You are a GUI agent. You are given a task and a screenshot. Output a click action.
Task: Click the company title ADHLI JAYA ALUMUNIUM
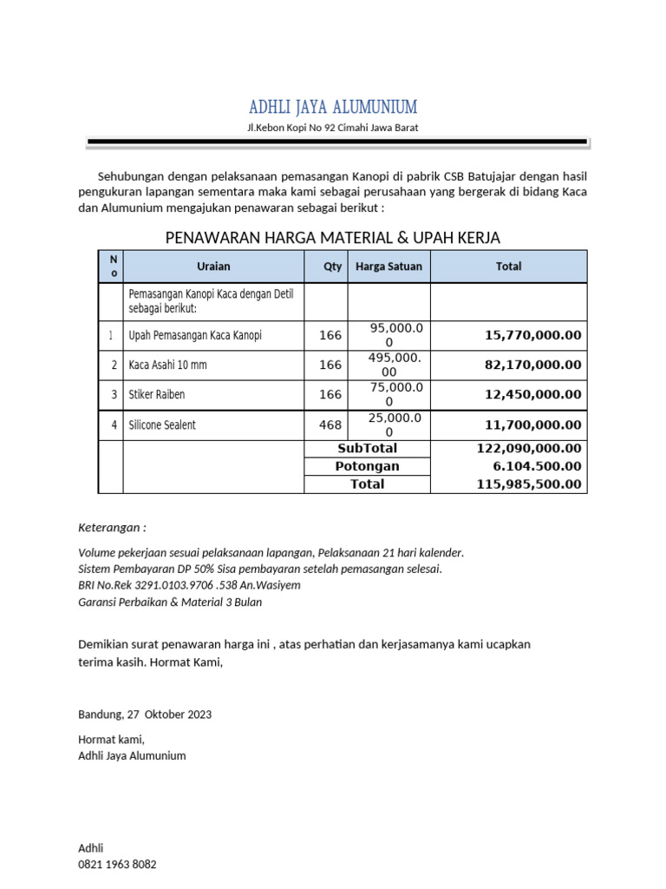pos(333,107)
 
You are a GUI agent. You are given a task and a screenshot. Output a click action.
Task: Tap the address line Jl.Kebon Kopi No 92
pos(333,128)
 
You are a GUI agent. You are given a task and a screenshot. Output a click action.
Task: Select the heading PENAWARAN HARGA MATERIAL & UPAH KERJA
pos(333,238)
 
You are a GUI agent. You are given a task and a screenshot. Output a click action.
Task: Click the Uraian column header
pos(213,267)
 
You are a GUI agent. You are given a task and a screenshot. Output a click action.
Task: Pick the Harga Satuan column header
pos(388,267)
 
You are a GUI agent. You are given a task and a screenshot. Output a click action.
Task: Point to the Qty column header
pos(333,267)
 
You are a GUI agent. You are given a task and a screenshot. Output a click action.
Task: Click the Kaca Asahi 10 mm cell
pos(168,365)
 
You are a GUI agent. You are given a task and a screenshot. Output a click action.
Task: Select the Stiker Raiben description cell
pos(157,395)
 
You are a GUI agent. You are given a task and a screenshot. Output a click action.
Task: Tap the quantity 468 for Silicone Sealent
pos(330,425)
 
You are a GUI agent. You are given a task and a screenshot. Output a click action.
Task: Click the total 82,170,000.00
pos(532,365)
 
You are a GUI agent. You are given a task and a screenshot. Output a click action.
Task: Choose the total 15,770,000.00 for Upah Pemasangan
pos(532,335)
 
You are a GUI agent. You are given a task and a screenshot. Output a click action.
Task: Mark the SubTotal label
pos(367,449)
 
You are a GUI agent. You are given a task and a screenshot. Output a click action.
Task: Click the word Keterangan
pos(113,528)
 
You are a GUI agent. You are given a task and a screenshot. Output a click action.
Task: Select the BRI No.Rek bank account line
pos(190,585)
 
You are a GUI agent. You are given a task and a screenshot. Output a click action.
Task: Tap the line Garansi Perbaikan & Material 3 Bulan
pos(170,602)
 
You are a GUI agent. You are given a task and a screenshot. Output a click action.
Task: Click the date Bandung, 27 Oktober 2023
pos(145,714)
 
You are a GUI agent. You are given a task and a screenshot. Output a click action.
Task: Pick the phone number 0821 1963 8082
pos(118,865)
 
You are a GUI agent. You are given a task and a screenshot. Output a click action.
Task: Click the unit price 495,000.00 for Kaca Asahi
pos(388,365)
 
